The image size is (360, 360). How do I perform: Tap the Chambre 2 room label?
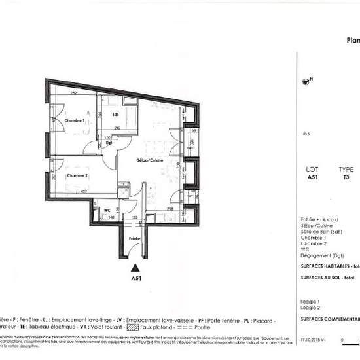point(75,176)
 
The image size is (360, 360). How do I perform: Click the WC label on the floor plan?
point(105,210)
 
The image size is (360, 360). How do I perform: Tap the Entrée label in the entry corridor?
point(134,239)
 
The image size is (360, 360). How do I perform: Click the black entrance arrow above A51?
point(135,267)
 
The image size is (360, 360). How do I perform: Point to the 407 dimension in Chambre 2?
point(84,192)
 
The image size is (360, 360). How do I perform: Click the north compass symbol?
point(305,82)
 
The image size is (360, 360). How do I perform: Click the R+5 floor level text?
point(306,134)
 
